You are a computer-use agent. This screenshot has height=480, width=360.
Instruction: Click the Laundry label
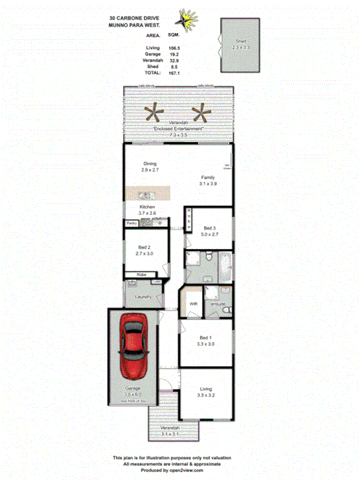pos(143,297)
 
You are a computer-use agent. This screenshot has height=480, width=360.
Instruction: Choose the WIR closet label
pos(193,303)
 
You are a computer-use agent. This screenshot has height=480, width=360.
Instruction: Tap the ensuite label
pos(218,303)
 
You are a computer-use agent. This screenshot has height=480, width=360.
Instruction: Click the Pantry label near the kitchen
pos(131,223)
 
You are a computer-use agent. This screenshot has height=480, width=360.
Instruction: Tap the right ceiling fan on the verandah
pos(202,111)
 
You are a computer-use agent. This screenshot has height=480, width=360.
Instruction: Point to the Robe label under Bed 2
pos(141,275)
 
